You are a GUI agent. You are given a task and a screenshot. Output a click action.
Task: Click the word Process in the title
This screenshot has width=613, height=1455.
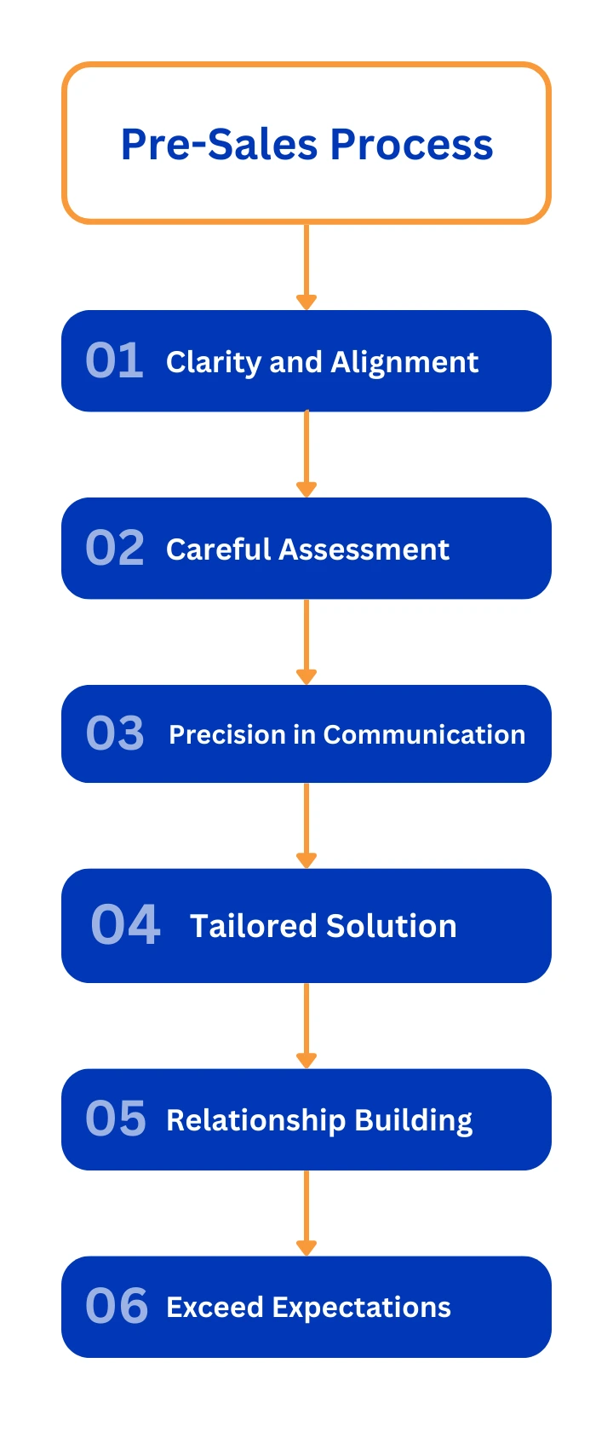point(412,144)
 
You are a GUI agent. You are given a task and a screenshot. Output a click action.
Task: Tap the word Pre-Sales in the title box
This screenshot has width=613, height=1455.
point(220,144)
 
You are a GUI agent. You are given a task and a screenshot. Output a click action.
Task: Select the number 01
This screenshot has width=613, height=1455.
point(114,360)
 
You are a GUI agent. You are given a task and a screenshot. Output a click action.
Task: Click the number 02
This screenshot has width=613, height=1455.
point(115,548)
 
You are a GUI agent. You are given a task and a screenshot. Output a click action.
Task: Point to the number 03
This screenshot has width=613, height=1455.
point(115,733)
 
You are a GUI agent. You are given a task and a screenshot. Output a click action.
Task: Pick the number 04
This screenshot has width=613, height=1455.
point(125,924)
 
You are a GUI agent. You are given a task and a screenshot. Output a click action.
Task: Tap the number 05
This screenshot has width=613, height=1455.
point(116,1118)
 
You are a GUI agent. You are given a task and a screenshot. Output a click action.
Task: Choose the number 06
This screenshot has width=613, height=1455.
point(117,1306)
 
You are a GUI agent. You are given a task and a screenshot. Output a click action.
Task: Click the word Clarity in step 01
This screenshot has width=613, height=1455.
point(214,363)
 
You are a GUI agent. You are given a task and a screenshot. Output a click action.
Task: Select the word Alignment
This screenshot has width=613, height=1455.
point(404,362)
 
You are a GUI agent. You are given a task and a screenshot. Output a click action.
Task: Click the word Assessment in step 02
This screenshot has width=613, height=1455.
point(364,549)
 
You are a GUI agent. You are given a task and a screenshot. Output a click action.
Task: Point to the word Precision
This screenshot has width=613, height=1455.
point(227,734)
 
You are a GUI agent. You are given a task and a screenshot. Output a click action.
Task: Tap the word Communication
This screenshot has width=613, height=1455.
point(425,734)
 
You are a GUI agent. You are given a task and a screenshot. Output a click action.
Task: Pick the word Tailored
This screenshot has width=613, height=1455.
point(254,926)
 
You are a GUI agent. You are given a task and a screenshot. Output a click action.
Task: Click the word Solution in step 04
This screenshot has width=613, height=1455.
point(392,926)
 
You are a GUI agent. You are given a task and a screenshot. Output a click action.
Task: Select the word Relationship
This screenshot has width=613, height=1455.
point(256,1121)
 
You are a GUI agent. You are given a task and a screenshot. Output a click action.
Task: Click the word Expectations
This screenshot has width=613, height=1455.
point(361,1308)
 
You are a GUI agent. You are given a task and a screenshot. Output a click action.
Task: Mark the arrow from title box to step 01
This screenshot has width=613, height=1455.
point(306,267)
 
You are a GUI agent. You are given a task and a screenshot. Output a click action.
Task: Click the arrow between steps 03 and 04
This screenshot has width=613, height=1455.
point(306,825)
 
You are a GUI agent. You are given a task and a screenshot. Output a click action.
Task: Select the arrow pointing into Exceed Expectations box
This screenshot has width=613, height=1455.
point(306,1213)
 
